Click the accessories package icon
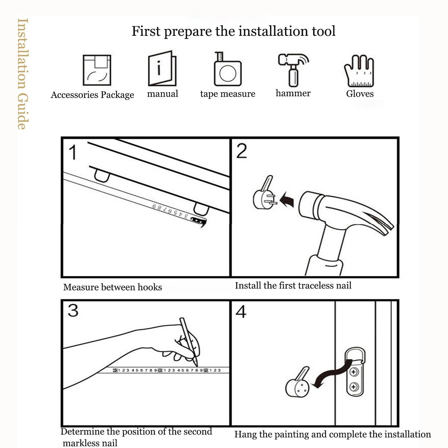[97, 70]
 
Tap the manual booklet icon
[162, 68]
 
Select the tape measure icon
[227, 69]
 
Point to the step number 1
[73, 153]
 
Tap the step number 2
[241, 151]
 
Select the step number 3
[73, 311]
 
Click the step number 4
[241, 312]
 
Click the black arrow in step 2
[287, 200]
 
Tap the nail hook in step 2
[264, 193]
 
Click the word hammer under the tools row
[293, 93]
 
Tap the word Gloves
[360, 93]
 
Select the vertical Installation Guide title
[23, 74]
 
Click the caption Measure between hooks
[112, 287]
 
